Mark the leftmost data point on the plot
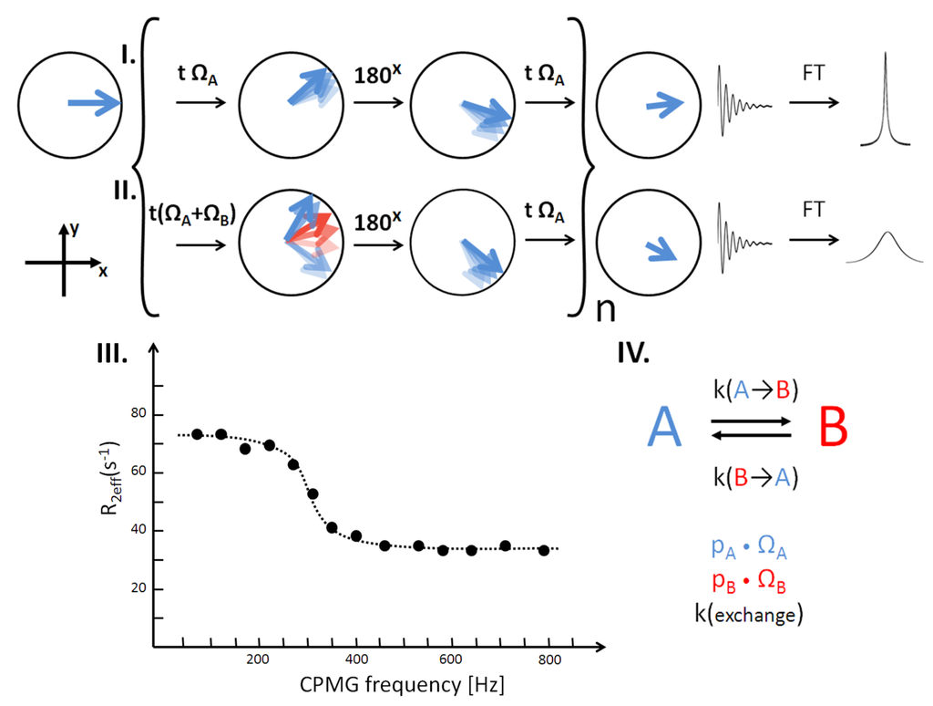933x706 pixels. tap(197, 434)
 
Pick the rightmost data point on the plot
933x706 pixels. tap(544, 550)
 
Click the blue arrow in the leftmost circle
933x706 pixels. tap(94, 105)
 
